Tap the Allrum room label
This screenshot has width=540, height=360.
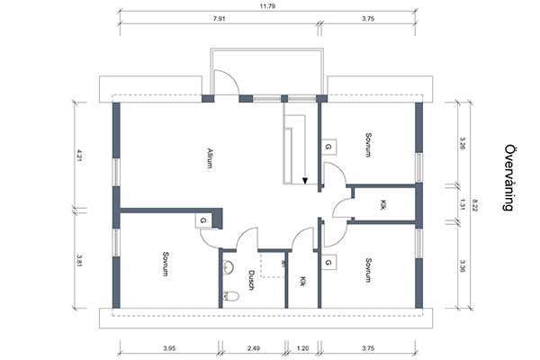click(x=210, y=157)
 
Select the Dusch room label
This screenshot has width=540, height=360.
click(x=251, y=280)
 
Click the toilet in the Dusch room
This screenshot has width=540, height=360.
click(x=230, y=295)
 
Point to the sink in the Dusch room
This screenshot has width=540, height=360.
click(x=229, y=267)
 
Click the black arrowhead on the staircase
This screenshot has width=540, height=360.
click(x=305, y=181)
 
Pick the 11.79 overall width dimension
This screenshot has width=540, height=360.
click(x=267, y=6)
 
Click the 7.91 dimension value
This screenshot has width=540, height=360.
click(x=220, y=19)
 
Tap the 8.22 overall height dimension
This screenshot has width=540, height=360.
click(x=475, y=205)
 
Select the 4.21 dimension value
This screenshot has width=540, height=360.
click(x=79, y=155)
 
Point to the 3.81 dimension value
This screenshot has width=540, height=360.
click(x=79, y=260)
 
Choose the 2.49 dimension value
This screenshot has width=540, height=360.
click(x=254, y=348)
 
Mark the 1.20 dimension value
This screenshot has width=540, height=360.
click(x=302, y=348)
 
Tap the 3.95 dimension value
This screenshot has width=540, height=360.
click(x=169, y=348)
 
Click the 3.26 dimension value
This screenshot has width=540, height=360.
click(x=463, y=143)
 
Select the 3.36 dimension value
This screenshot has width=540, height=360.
click(x=463, y=265)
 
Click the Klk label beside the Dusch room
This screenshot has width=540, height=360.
click(x=302, y=281)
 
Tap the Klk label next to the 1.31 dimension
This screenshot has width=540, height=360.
click(x=382, y=204)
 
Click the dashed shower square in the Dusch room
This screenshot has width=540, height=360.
click(x=273, y=265)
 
